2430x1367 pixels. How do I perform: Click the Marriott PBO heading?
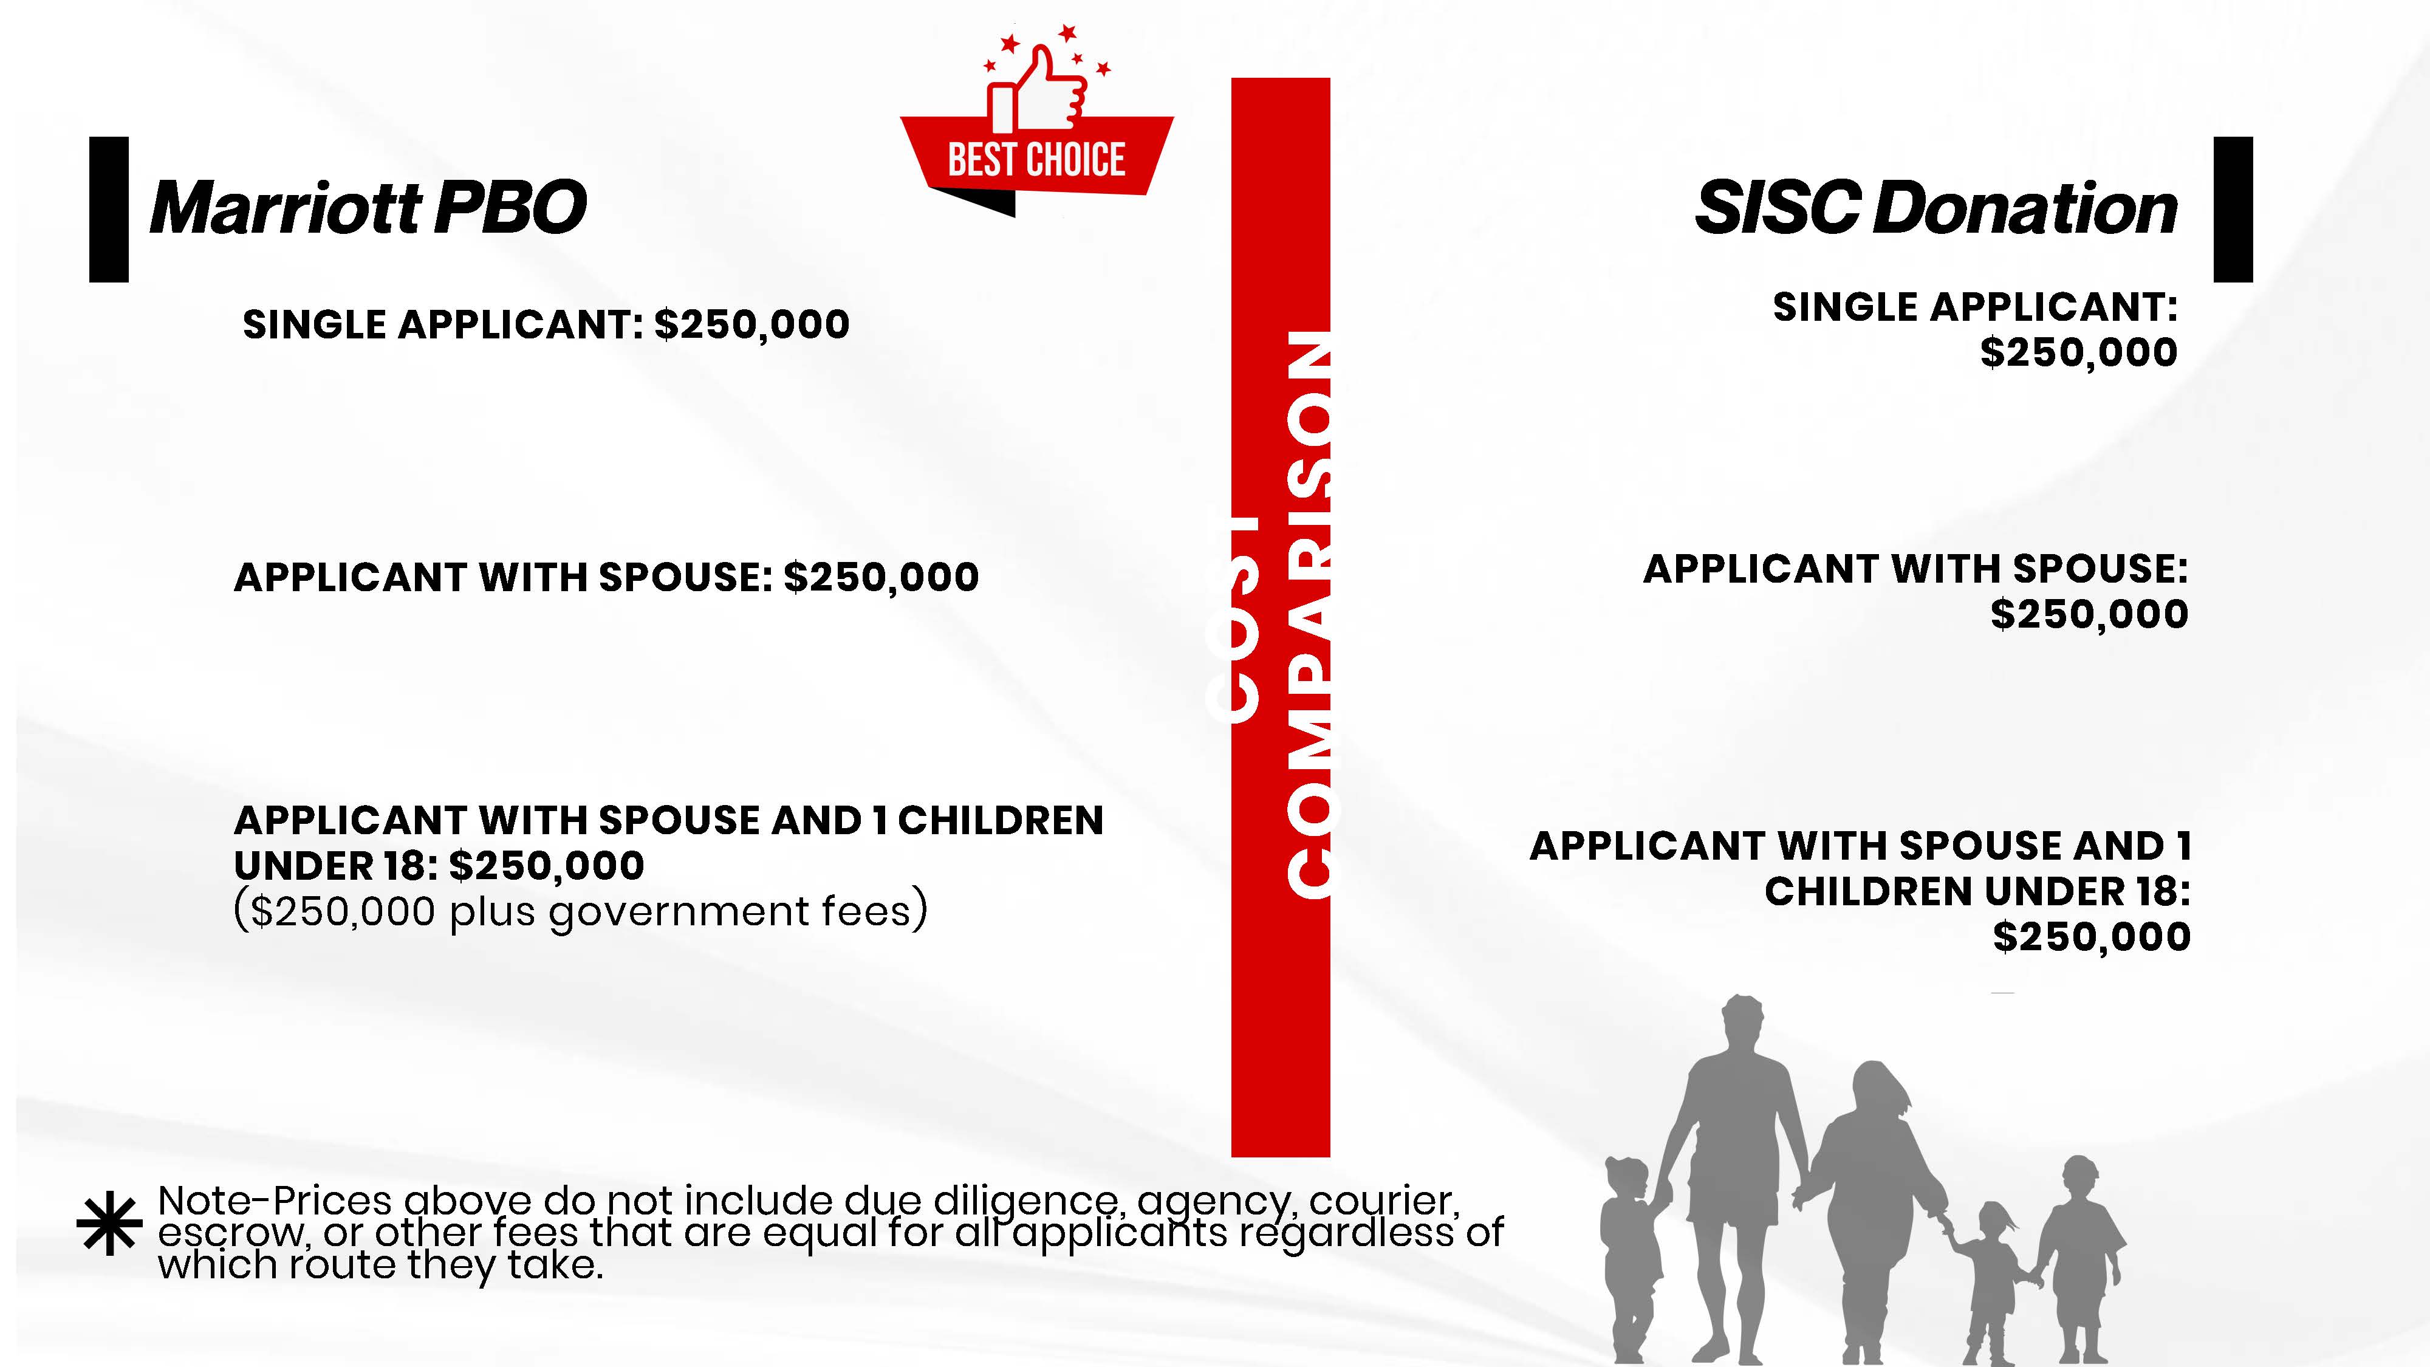click(368, 208)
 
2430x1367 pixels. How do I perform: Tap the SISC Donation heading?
click(1935, 208)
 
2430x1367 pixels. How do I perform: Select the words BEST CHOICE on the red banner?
click(1036, 159)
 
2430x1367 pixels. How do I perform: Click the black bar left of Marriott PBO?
click(109, 210)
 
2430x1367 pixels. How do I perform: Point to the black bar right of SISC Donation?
click(2233, 210)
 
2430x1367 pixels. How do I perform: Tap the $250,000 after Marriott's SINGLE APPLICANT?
click(752, 324)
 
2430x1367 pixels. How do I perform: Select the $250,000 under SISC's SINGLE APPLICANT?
click(2079, 352)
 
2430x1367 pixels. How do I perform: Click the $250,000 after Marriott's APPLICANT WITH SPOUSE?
click(881, 577)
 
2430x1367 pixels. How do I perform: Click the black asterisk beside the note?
click(109, 1224)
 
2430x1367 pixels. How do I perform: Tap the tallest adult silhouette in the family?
click(1732, 1179)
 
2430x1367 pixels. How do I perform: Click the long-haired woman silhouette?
click(1872, 1212)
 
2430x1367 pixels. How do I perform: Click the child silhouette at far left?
click(1630, 1259)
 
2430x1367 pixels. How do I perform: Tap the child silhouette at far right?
click(2079, 1259)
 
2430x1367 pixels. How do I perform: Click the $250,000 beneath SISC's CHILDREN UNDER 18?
click(2092, 937)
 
